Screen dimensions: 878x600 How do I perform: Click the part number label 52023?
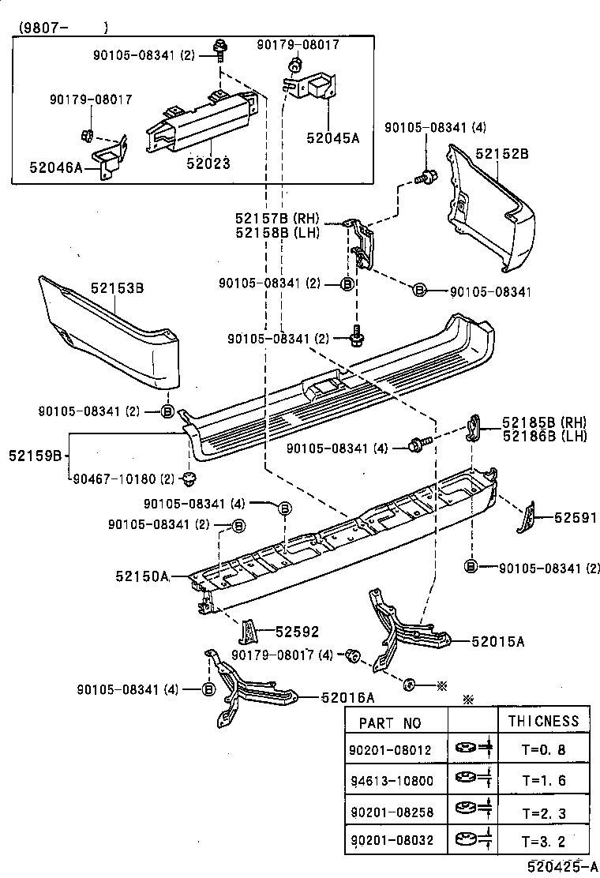[x=208, y=163]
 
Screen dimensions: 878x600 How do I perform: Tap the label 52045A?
[x=332, y=137]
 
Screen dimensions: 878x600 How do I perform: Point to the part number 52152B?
[x=501, y=154]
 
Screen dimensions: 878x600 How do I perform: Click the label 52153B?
[x=115, y=289]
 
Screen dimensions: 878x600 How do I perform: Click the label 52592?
[x=297, y=631]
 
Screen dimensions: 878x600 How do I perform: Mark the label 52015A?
[x=498, y=642]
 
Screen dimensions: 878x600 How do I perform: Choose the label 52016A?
[x=347, y=697]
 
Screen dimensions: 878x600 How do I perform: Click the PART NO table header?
[x=390, y=722]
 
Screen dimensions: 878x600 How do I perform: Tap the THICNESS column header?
[x=543, y=721]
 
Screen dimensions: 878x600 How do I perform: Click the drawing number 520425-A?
[x=562, y=867]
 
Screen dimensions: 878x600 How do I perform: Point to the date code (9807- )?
[x=59, y=27]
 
